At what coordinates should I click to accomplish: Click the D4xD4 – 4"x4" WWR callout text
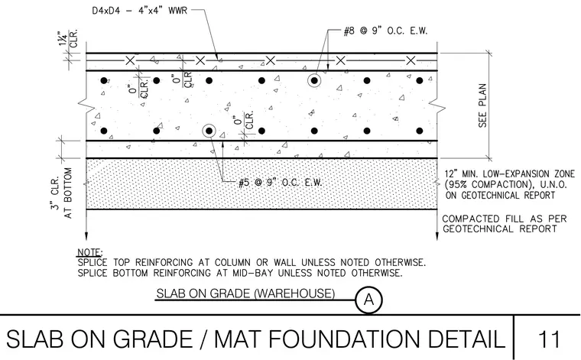[x=139, y=11]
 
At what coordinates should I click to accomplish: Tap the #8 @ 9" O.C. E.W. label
[x=385, y=31]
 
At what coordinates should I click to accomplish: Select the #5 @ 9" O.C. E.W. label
[x=280, y=182]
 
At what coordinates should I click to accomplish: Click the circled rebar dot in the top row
[x=314, y=80]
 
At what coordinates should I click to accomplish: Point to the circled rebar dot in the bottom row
[x=209, y=131]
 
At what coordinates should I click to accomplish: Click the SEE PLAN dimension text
[x=482, y=105]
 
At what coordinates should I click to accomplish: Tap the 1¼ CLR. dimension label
[x=68, y=38]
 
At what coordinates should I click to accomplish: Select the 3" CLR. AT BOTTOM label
[x=61, y=193]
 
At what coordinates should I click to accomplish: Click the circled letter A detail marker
[x=368, y=300]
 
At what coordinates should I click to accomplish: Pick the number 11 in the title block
[x=548, y=339]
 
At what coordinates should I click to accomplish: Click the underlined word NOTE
[x=89, y=252]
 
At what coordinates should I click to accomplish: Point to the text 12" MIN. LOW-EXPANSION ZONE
[x=510, y=174]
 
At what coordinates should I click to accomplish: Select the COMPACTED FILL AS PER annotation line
[x=505, y=219]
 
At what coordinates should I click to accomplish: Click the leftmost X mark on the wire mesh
[x=130, y=60]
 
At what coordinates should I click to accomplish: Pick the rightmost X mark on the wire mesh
[x=411, y=60]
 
